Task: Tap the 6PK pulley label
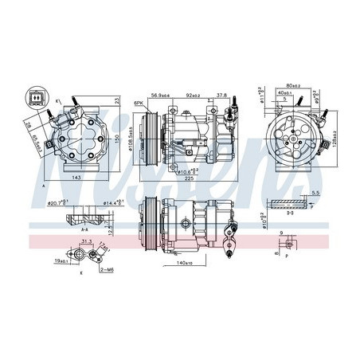pos(138,104)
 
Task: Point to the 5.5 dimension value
pos(316,194)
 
